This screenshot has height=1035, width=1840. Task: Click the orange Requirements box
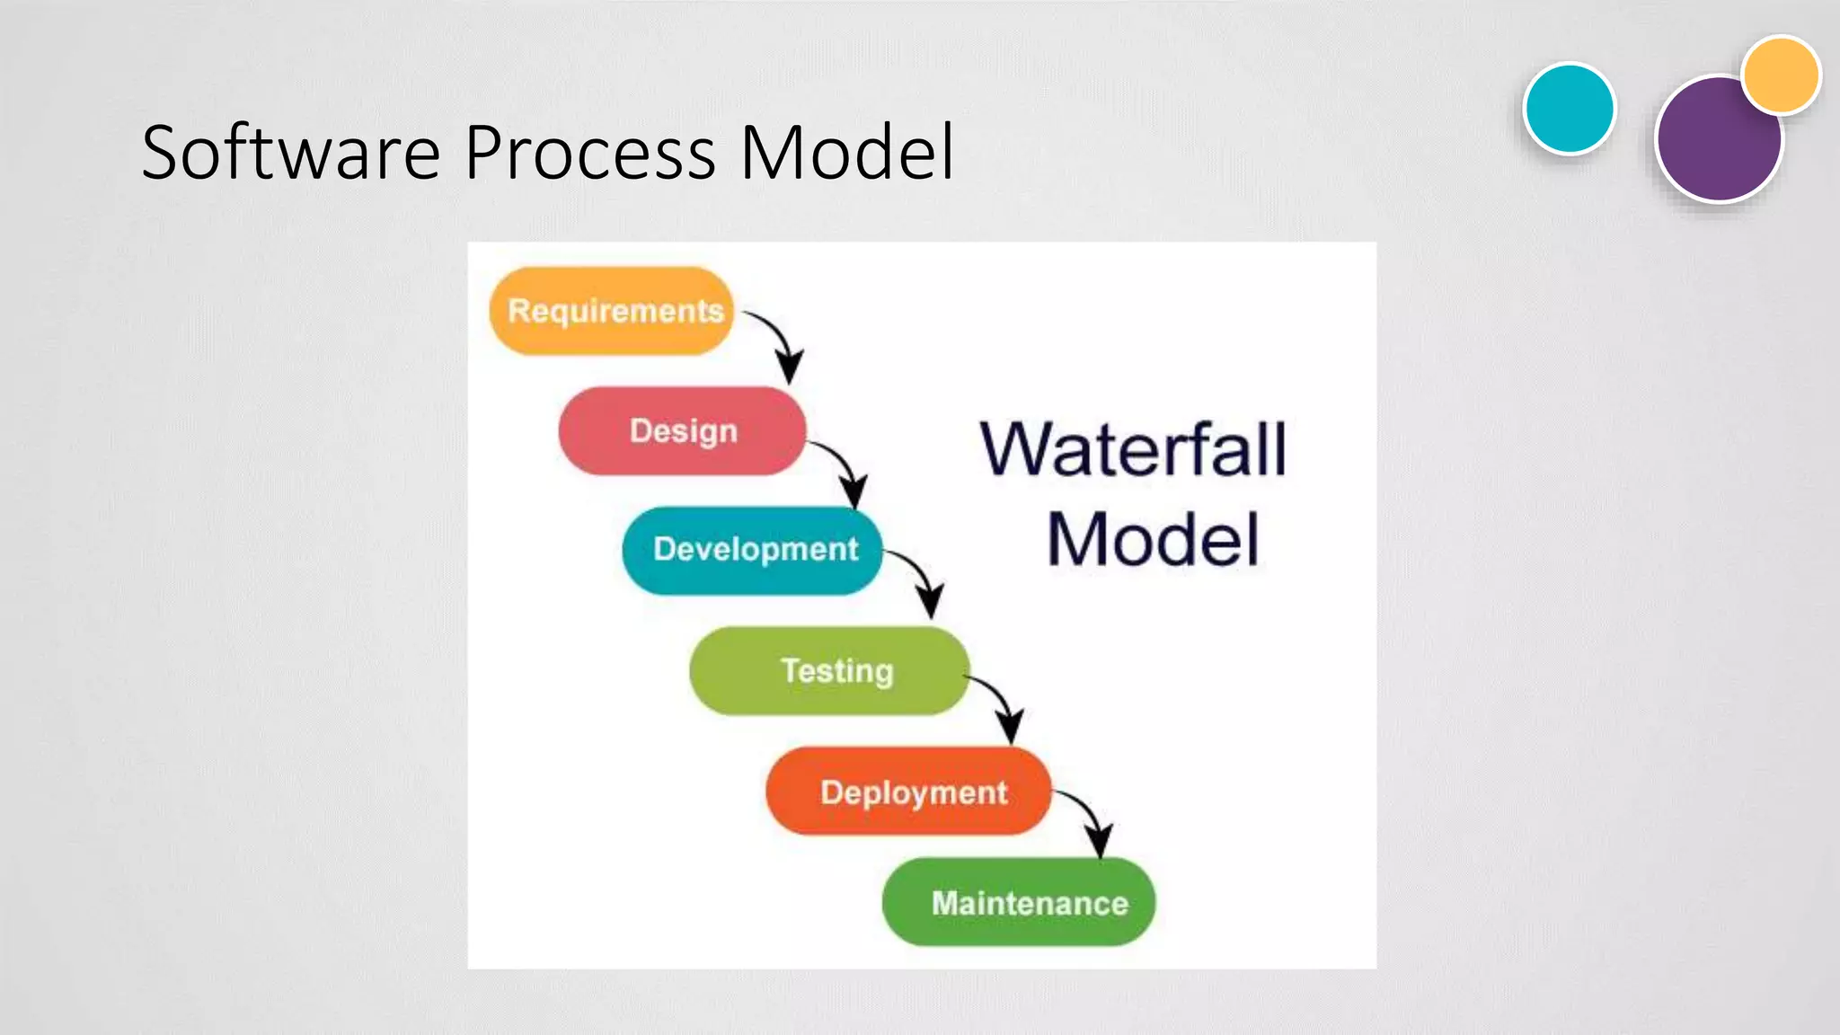click(611, 311)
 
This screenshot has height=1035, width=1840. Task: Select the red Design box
click(682, 430)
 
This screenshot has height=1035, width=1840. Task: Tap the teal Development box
click(753, 550)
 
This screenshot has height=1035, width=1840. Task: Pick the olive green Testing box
click(829, 671)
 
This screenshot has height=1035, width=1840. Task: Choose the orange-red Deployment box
click(907, 792)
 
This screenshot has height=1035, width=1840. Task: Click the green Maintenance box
click(1018, 902)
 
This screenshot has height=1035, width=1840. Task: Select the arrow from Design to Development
click(843, 467)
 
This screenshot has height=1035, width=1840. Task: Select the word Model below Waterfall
click(1153, 539)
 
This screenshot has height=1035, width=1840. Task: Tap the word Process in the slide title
click(590, 153)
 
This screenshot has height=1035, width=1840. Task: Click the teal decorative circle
click(1570, 109)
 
